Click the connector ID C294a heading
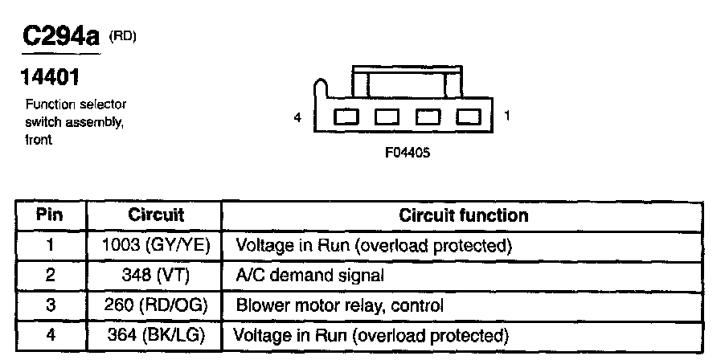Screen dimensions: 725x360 [60, 36]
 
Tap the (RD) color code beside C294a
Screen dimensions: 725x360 [122, 36]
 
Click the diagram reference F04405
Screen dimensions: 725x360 [408, 153]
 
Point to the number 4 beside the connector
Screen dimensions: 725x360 [297, 118]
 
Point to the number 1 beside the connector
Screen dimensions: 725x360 [506, 116]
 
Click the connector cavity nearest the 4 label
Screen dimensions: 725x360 [346, 117]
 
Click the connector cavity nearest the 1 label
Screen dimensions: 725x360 [469, 117]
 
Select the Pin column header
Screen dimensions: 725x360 [50, 215]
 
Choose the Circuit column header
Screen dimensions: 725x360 [156, 215]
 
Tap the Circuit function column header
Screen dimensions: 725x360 [463, 215]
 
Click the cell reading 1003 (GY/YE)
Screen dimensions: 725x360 [156, 245]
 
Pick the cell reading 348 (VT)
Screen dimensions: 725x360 [156, 276]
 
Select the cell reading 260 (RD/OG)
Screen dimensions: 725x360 [156, 305]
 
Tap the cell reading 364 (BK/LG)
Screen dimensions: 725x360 [156, 335]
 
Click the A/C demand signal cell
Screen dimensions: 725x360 [309, 276]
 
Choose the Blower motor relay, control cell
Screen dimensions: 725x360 [340, 305]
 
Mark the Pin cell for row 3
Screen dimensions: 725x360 [51, 305]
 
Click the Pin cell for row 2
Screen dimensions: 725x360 [51, 276]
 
